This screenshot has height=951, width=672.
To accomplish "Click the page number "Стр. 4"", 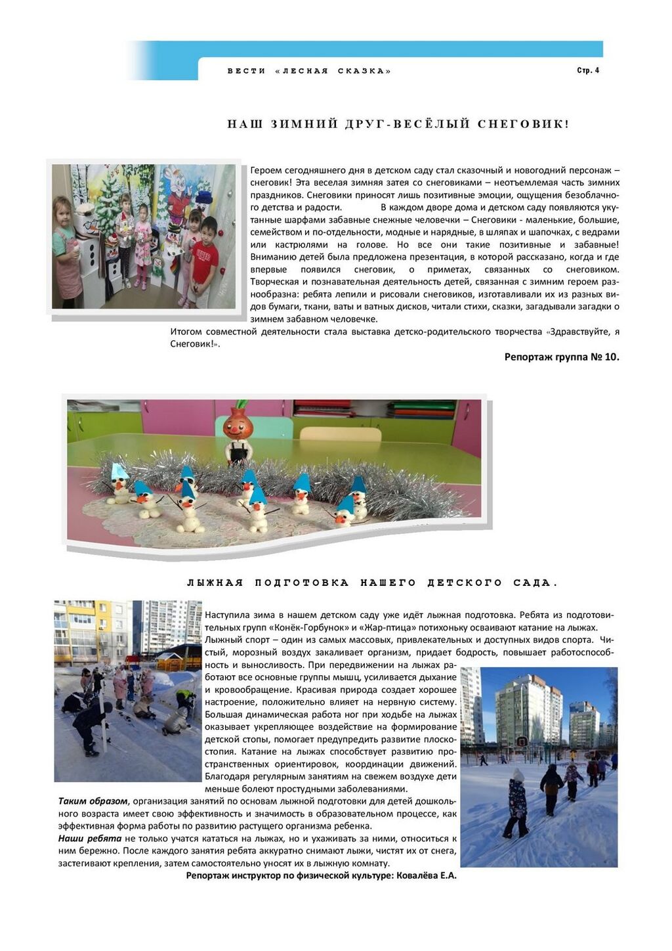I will click(587, 70).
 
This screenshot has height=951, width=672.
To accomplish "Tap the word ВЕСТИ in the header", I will click(246, 71).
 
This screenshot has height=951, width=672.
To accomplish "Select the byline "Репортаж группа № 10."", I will click(562, 357).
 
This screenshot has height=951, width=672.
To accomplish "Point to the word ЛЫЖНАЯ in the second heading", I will click(215, 583).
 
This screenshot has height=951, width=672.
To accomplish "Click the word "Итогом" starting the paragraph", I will click(186, 332).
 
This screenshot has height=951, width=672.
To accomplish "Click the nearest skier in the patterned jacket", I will click(516, 805).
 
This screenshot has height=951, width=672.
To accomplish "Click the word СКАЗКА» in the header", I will click(364, 71).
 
